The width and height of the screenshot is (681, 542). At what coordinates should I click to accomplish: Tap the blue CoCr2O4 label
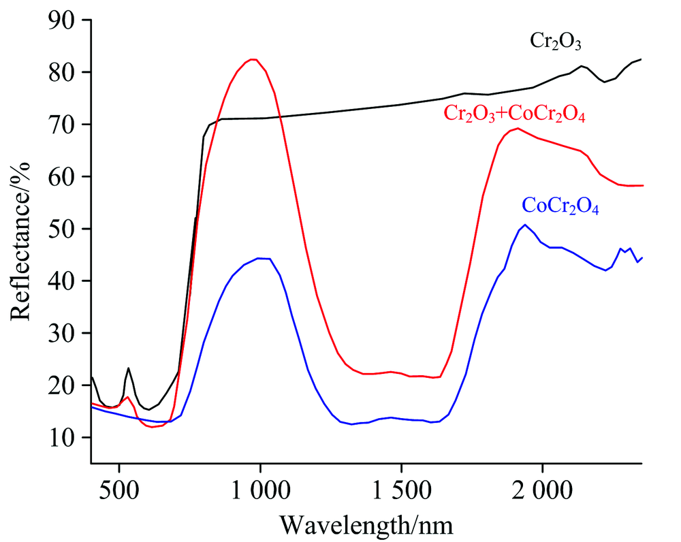[x=560, y=206]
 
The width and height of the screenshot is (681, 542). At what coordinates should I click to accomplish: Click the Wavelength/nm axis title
[x=366, y=524]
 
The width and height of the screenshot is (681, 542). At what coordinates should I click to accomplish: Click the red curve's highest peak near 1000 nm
[x=253, y=59]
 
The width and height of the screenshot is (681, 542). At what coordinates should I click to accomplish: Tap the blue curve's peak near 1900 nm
[x=524, y=225]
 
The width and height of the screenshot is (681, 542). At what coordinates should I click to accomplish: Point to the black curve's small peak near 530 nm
[x=129, y=368]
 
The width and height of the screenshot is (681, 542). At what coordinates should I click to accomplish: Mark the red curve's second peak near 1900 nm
[x=518, y=128]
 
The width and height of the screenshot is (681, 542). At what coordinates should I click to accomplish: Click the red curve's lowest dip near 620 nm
[x=153, y=427]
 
